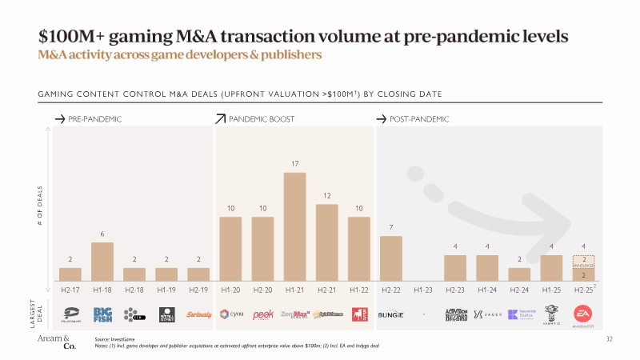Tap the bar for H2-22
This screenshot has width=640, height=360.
390,258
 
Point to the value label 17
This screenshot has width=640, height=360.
294,163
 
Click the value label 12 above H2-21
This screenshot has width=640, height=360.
326,195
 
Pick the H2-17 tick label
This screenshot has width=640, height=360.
70,288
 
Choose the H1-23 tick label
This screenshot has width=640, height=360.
422,288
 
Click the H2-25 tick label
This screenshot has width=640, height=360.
583,288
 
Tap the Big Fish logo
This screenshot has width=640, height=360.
102,314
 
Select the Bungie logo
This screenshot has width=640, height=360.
390,314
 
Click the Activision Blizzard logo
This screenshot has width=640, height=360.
455,314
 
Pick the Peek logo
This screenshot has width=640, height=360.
263,314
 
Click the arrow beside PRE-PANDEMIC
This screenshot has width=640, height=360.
59,119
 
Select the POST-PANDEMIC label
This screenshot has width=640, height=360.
419,119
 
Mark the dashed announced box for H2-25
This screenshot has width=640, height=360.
583,262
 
